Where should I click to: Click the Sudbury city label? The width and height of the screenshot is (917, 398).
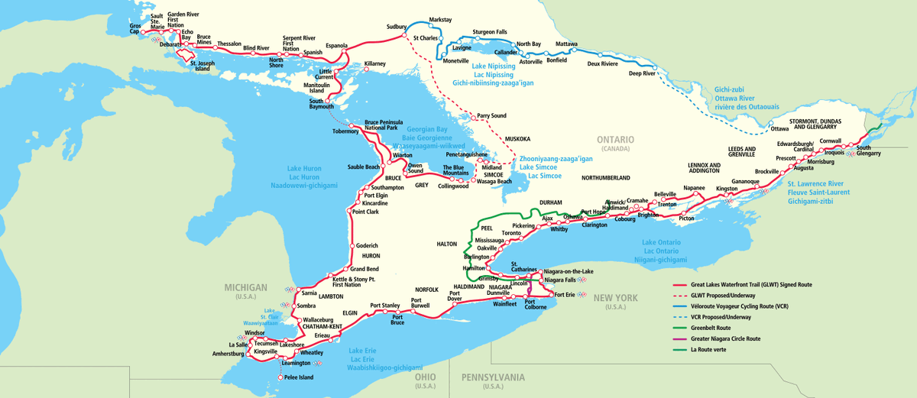pyautogui.click(x=397, y=27)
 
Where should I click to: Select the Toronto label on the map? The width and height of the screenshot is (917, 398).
pyautogui.click(x=522, y=233)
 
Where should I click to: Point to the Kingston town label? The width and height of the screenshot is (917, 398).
pyautogui.click(x=727, y=188)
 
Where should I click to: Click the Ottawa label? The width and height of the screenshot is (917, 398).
pyautogui.click(x=779, y=128)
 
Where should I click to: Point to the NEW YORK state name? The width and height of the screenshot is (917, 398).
pyautogui.click(x=615, y=297)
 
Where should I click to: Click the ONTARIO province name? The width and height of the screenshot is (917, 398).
pyautogui.click(x=616, y=140)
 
